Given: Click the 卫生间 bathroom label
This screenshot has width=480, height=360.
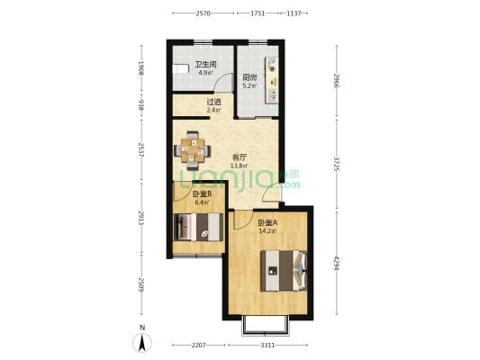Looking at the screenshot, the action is click(x=206, y=64).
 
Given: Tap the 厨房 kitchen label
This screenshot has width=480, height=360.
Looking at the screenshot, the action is click(x=249, y=77).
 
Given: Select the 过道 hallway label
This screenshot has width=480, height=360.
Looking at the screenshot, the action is click(x=213, y=102).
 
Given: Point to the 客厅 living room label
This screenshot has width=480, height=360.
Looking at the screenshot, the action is click(x=240, y=157).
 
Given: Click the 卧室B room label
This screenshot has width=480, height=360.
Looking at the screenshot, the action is click(x=203, y=193).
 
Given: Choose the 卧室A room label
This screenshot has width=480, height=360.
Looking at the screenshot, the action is click(x=267, y=223).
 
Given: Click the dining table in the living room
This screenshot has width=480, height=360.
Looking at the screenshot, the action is click(x=192, y=150).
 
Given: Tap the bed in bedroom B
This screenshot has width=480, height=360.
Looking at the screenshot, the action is click(x=198, y=227).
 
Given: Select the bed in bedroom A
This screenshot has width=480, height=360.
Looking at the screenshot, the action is click(x=284, y=270).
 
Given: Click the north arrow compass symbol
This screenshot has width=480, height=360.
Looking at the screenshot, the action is click(x=142, y=343).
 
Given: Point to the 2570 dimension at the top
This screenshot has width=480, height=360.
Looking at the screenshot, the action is click(x=203, y=13).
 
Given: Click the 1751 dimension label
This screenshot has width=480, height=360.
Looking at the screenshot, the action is click(x=258, y=13).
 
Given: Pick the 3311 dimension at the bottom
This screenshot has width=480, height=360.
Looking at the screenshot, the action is click(x=267, y=346).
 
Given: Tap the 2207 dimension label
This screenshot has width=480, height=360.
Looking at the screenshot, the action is click(x=199, y=346).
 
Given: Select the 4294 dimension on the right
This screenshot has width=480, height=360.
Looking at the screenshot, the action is click(x=337, y=263).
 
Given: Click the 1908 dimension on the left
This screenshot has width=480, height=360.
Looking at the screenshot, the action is click(x=141, y=67).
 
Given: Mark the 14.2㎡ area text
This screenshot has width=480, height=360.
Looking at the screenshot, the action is click(x=267, y=231).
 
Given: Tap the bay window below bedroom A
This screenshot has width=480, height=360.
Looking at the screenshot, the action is click(x=266, y=326).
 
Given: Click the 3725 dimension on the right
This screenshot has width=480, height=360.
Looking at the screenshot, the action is click(x=337, y=164).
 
